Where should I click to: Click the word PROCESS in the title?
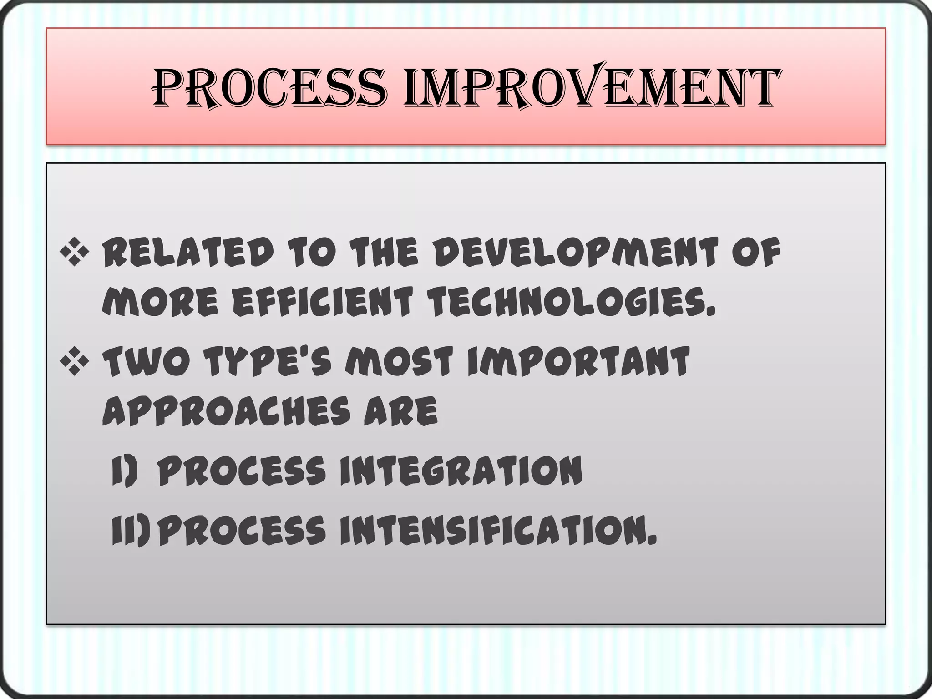click(269, 88)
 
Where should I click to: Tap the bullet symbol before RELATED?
click(74, 253)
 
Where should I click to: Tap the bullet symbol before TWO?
click(74, 362)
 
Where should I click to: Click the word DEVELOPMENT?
click(574, 253)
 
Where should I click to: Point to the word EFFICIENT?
click(322, 302)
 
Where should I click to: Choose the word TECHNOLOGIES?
click(573, 302)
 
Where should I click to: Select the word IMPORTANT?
click(578, 362)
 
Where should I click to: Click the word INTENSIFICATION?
click(498, 530)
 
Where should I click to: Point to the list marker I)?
click(124, 471)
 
